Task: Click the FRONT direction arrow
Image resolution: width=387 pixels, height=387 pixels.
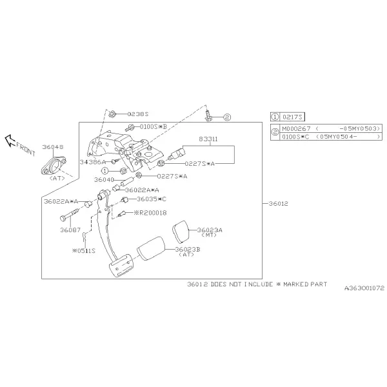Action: pyautogui.click(x=10, y=141)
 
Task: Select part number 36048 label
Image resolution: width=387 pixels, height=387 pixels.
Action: pyautogui.click(x=53, y=147)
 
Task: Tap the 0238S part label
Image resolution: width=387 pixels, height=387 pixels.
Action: pyautogui.click(x=138, y=114)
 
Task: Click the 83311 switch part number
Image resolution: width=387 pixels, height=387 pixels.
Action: pyautogui.click(x=208, y=139)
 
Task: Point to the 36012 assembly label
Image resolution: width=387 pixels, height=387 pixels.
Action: pyautogui.click(x=278, y=204)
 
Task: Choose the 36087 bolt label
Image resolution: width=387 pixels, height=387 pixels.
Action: pyautogui.click(x=70, y=230)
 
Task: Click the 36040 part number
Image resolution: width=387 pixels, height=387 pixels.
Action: pyautogui.click(x=104, y=180)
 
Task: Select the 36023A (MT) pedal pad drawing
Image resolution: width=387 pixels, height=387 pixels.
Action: pyautogui.click(x=181, y=232)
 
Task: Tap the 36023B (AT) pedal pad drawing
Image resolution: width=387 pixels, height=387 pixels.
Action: pyautogui.click(x=151, y=248)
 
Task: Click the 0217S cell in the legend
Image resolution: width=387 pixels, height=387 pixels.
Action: pyautogui.click(x=292, y=117)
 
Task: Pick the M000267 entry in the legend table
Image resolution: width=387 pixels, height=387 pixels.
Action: pyautogui.click(x=296, y=128)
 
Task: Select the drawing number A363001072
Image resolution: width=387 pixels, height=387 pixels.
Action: pyautogui.click(x=364, y=288)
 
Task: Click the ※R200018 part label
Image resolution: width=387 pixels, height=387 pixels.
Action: pyautogui.click(x=150, y=213)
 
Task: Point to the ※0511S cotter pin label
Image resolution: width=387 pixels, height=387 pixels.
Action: pyautogui.click(x=84, y=251)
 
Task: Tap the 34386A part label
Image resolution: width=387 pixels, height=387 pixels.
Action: pyautogui.click(x=92, y=162)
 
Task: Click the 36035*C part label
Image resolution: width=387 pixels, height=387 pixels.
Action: pyautogui.click(x=152, y=199)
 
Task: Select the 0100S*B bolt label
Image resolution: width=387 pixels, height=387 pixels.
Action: pyautogui.click(x=154, y=126)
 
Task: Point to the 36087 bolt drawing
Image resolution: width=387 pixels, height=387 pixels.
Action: pyautogui.click(x=70, y=215)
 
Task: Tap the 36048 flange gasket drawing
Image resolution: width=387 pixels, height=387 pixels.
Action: pyautogui.click(x=54, y=165)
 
